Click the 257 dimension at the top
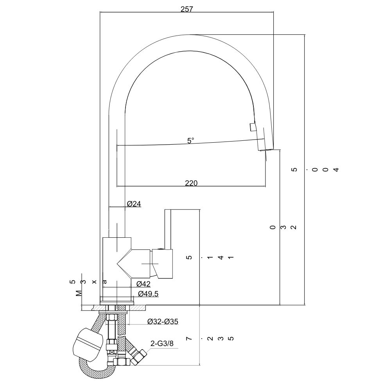(x=187, y=9)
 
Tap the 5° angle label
(x=190, y=141)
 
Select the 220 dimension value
(x=191, y=183)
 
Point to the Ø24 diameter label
(x=134, y=203)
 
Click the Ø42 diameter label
(x=143, y=284)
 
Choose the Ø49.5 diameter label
(x=148, y=294)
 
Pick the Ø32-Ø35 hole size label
(x=163, y=321)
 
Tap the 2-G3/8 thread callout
(x=162, y=344)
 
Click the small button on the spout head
(x=253, y=127)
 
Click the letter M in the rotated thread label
(x=79, y=292)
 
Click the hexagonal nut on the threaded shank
(x=111, y=344)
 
